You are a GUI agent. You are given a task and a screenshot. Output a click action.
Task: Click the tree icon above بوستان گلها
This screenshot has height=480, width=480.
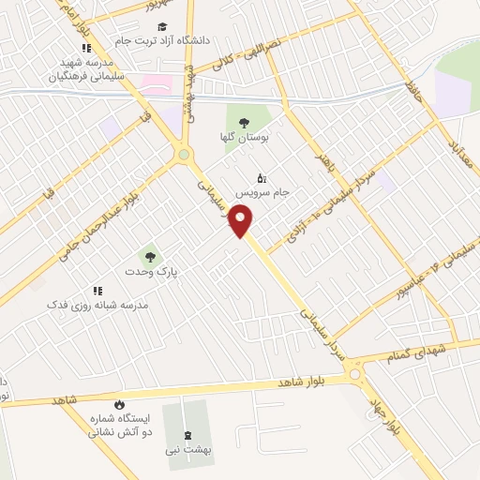244,122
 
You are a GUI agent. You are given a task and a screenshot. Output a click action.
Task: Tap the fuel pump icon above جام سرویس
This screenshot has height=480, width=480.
262,177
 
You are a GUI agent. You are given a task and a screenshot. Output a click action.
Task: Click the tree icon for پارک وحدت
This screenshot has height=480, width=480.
146,255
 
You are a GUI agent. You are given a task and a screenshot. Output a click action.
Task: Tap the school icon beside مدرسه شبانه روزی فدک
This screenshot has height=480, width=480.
96,292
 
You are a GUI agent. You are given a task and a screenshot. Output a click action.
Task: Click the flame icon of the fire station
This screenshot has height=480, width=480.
119,404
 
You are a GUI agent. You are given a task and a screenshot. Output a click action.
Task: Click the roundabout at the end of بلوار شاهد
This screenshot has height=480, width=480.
355,375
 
